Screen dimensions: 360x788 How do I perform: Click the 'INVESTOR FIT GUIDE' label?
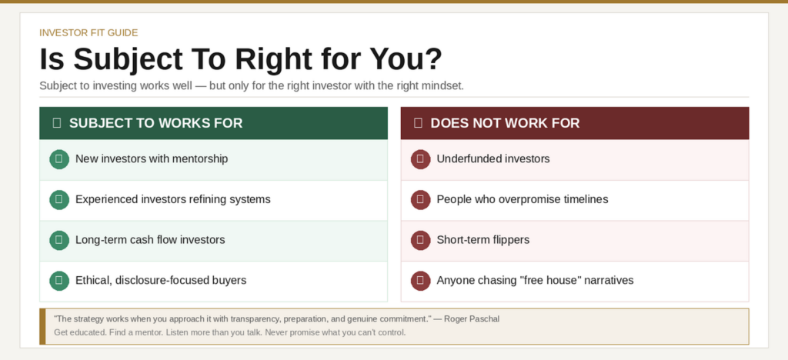(88, 32)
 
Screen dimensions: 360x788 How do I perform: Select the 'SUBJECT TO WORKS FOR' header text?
(155, 123)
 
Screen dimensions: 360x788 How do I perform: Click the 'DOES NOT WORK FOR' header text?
(505, 123)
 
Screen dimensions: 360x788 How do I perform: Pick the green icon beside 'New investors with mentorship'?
(58, 159)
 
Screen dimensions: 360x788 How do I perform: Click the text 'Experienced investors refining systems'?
(172, 199)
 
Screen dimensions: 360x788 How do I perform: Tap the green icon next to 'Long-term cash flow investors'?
(58, 240)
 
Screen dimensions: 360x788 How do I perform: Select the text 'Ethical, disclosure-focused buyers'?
(160, 280)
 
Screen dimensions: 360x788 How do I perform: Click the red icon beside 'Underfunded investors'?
(420, 159)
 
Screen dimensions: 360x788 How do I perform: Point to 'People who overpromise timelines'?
(522, 199)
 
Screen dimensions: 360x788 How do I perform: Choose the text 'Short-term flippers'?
(482, 240)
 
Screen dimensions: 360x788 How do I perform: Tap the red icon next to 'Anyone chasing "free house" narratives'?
(420, 280)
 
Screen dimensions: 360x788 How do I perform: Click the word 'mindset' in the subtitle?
(443, 85)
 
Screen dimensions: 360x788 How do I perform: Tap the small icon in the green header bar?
(56, 123)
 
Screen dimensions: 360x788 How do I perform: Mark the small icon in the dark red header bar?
(418, 123)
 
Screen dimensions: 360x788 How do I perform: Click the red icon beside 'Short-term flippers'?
(420, 240)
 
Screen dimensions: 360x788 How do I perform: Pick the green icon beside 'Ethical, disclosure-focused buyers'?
(58, 280)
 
